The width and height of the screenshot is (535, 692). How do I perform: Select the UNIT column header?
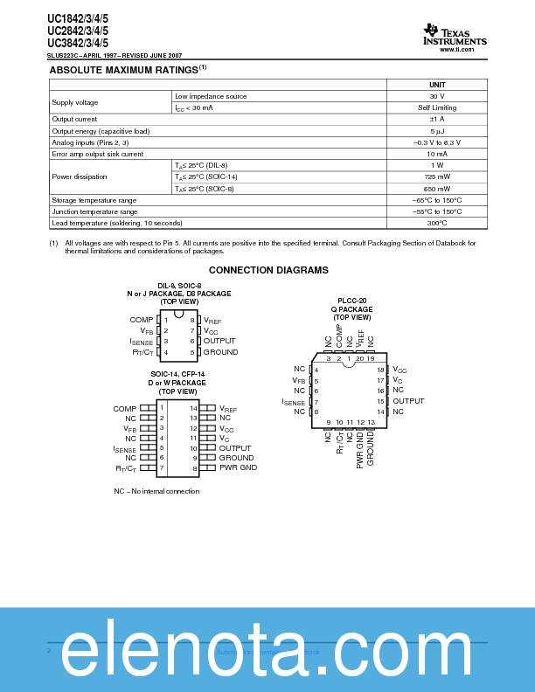click(x=437, y=84)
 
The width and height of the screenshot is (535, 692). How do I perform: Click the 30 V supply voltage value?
click(x=437, y=96)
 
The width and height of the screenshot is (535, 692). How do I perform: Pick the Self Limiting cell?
click(x=437, y=107)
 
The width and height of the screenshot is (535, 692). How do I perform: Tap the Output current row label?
click(x=74, y=119)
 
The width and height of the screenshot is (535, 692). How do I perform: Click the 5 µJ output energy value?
click(x=437, y=130)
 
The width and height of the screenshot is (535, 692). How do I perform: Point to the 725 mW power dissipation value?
click(x=437, y=176)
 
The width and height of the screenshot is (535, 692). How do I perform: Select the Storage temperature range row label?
click(x=94, y=200)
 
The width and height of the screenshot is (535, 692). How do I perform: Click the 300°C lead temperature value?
click(x=437, y=223)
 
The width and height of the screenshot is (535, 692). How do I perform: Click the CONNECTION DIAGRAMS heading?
click(x=268, y=271)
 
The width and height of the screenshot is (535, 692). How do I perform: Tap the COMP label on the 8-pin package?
click(x=142, y=320)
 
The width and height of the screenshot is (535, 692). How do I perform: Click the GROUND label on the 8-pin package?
click(x=220, y=352)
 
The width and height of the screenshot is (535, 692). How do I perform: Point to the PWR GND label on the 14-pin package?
click(x=238, y=468)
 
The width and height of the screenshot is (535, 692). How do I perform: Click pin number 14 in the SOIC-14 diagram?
click(x=194, y=408)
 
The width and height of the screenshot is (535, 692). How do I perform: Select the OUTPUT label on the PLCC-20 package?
click(x=408, y=401)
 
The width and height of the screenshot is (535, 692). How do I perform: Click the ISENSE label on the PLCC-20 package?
click(x=294, y=401)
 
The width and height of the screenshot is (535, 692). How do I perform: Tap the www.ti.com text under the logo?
click(x=456, y=50)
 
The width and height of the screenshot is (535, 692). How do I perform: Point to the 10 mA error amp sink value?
click(x=437, y=154)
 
